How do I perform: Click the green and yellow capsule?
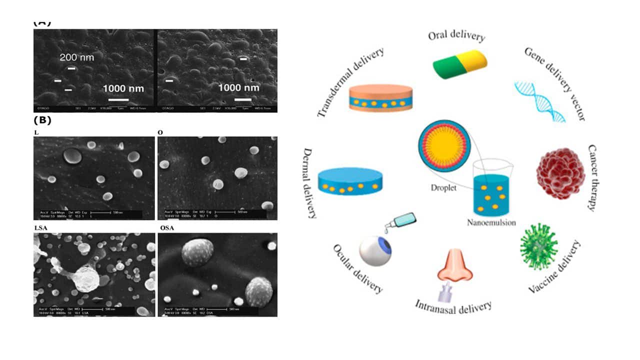[459, 63]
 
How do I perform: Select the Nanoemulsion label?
[491, 223]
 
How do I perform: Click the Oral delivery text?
[456, 36]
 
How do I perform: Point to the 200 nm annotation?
[77, 57]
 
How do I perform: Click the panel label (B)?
[42, 120]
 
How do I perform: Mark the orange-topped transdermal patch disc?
[381, 98]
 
